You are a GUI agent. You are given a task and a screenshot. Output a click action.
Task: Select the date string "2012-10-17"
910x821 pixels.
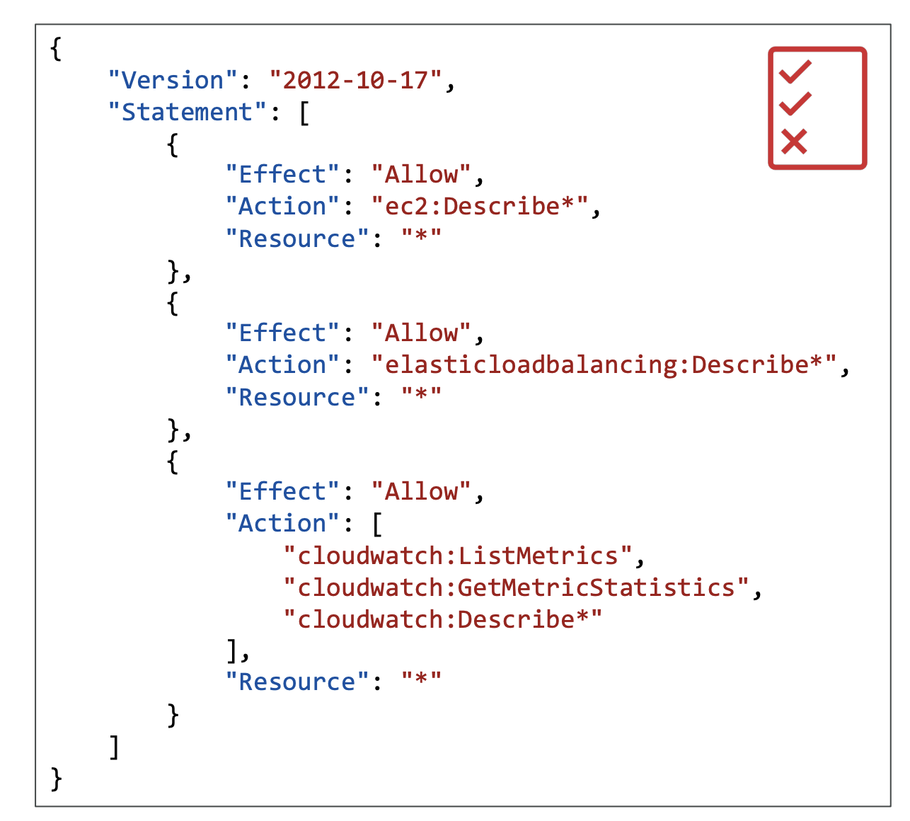[356, 80]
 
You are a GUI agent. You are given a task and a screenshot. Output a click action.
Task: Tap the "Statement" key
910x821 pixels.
[187, 112]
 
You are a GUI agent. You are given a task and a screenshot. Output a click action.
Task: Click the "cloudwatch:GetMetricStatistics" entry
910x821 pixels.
[516, 587]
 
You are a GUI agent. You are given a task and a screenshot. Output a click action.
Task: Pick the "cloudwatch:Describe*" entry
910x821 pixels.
[442, 619]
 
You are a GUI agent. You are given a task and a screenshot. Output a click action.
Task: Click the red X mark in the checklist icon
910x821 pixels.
[794, 142]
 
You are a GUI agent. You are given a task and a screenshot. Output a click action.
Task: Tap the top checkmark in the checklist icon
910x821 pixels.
[795, 71]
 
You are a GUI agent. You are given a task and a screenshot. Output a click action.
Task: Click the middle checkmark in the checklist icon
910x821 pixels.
[795, 104]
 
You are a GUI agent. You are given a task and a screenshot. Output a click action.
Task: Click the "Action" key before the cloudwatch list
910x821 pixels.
[284, 524]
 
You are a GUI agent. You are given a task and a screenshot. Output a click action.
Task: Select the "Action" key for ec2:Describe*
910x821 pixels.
[284, 207]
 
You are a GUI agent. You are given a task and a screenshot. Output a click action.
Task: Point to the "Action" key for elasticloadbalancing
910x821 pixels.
[284, 365]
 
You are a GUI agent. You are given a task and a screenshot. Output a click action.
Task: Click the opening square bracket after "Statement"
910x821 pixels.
[304, 113]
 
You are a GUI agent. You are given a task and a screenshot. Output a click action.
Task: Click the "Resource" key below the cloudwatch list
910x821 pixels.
[297, 682]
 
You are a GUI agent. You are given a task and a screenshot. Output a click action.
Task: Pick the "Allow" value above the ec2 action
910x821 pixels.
[421, 175]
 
